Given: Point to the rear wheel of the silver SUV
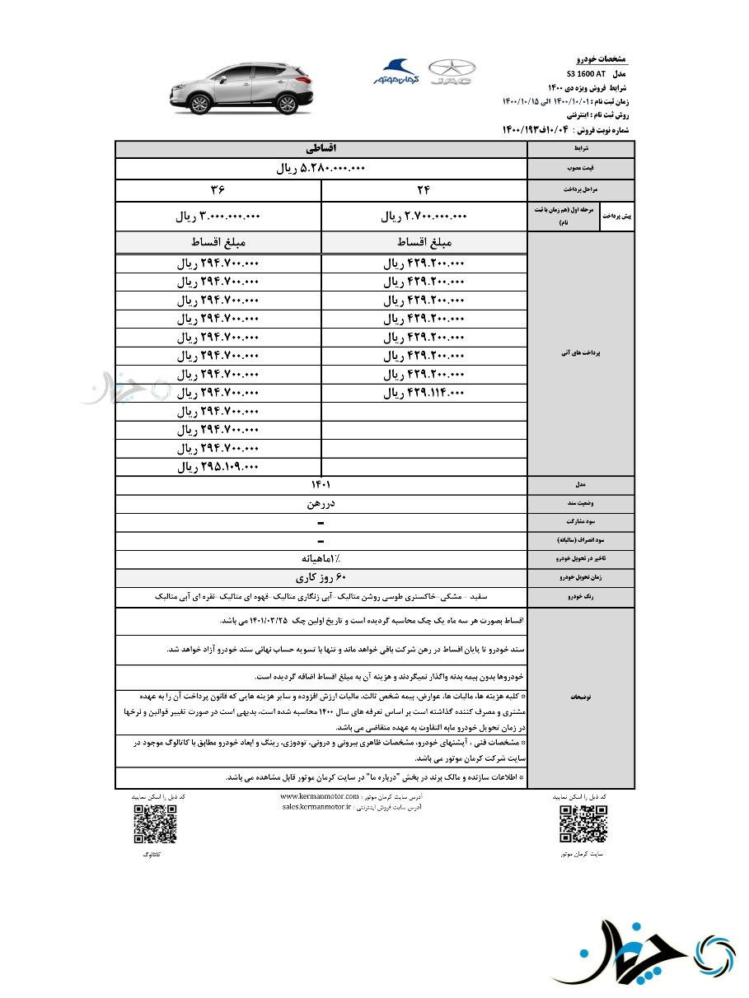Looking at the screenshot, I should [x=285, y=104].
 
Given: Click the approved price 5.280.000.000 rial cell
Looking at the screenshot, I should [x=321, y=169].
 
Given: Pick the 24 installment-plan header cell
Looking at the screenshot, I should [x=424, y=190].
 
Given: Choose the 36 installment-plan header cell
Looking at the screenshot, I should [x=218, y=190].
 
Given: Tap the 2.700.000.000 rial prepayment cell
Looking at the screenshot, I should [x=424, y=217].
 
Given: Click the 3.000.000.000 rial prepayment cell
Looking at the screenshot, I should [x=218, y=217].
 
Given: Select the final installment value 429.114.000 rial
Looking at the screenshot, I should [x=424, y=394].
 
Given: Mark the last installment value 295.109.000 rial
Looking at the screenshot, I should [x=218, y=467].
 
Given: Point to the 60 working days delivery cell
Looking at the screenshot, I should [x=321, y=578].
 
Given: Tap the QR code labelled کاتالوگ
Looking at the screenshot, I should [x=155, y=824].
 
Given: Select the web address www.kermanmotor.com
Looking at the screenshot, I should [x=320, y=797].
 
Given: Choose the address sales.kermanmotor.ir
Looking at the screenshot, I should [x=316, y=808].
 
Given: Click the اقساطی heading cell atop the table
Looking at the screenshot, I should [x=321, y=149].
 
